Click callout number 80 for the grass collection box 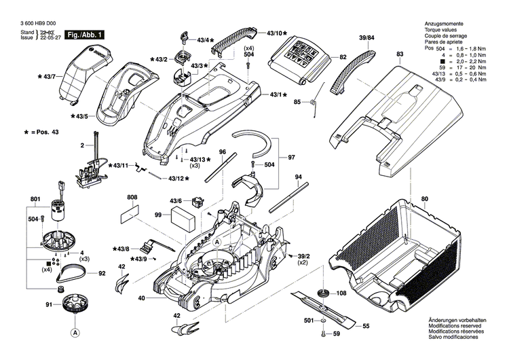tap(425, 199)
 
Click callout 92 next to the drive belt tap(102, 274)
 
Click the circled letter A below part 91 tap(73, 333)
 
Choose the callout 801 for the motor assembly tap(36, 199)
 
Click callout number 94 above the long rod tap(297, 177)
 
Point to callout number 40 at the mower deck tap(141, 298)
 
